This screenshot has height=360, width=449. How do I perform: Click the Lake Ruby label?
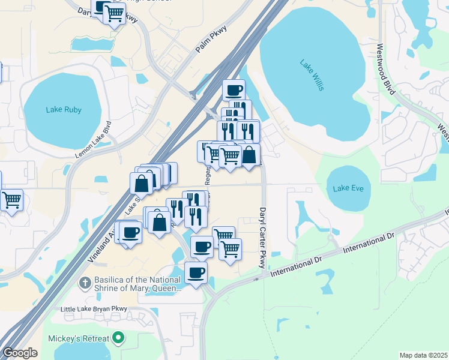pyautogui.click(x=64, y=110)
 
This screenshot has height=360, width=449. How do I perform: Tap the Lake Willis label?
pyautogui.click(x=312, y=75)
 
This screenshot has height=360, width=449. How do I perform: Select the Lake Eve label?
pyautogui.click(x=348, y=188)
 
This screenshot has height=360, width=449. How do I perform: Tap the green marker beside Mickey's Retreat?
pyautogui.click(x=119, y=338)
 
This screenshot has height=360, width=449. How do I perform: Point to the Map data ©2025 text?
pyautogui.click(x=423, y=355)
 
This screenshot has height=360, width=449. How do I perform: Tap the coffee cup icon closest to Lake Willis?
pyautogui.click(x=234, y=91)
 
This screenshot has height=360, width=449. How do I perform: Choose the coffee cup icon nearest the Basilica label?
pyautogui.click(x=196, y=272)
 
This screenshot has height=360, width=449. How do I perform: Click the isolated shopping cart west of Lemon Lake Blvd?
pyautogui.click(x=11, y=200)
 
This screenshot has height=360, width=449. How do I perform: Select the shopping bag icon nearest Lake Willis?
pyautogui.click(x=249, y=155)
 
